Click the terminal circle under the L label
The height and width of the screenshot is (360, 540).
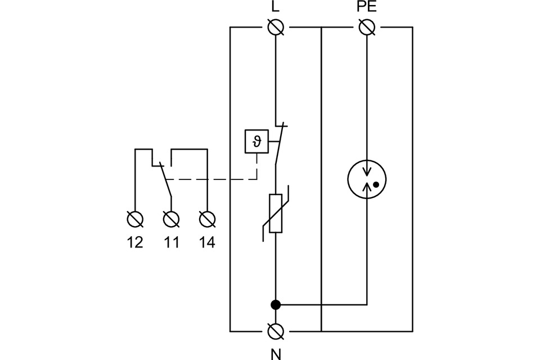(276, 27)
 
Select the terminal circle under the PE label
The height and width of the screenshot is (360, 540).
(367, 27)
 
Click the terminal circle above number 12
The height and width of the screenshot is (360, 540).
(135, 218)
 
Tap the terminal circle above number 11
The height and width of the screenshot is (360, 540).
(171, 218)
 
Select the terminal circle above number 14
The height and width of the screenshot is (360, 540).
(207, 218)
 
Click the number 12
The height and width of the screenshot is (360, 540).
(135, 242)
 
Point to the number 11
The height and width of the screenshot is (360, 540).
(171, 242)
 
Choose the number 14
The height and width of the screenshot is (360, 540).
(207, 242)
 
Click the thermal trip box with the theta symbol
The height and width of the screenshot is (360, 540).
(256, 141)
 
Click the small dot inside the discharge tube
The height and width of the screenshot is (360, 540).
(376, 184)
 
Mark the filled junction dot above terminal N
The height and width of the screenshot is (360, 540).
(276, 305)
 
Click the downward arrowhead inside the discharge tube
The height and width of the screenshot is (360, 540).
(367, 172)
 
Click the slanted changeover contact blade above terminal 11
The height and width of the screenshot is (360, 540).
(165, 180)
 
